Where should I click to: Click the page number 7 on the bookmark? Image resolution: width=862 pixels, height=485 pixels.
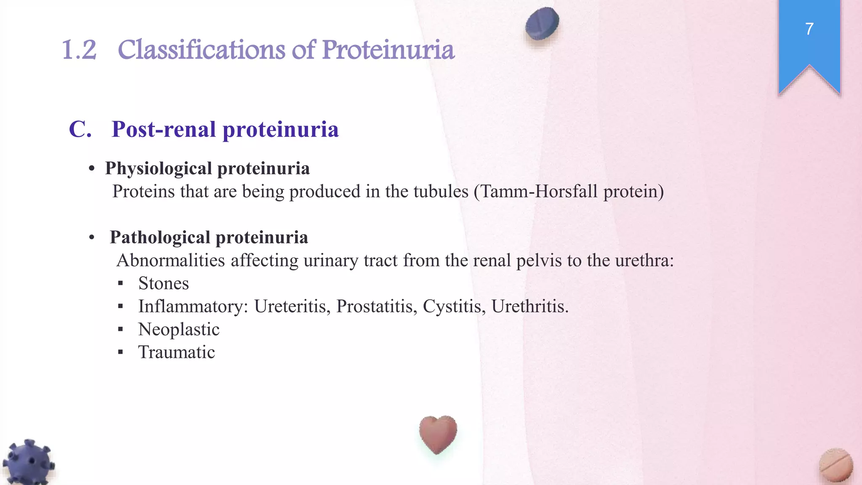pos(809,29)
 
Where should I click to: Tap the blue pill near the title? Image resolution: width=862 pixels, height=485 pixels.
pos(542,24)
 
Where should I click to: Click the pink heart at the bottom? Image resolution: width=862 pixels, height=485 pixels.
pos(438,434)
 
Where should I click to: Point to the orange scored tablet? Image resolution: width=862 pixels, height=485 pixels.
pos(836,466)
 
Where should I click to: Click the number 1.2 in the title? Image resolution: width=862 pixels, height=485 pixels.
pos(79,50)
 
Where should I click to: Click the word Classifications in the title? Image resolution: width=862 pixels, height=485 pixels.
pos(202,50)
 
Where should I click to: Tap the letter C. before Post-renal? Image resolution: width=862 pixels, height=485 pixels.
pos(80,129)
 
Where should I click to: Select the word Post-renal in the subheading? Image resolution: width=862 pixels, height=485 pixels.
pos(164,129)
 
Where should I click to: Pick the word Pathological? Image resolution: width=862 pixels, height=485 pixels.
pos(160,237)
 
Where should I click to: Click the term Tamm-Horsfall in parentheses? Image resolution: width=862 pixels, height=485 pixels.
pos(539,192)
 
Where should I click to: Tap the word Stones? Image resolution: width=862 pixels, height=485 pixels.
pos(163,283)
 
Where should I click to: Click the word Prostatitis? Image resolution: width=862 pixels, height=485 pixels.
pos(377,306)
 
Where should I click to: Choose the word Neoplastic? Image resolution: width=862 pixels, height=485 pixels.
pos(178,330)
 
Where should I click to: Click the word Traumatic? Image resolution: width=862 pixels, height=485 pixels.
pos(176,352)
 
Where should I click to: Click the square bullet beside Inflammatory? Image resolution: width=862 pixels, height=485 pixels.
pos(120,306)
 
